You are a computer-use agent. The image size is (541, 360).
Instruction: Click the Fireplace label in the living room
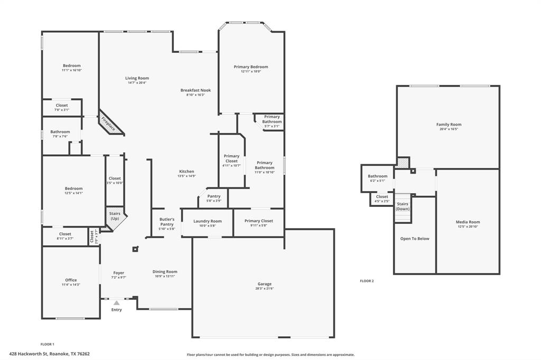(x=108, y=124)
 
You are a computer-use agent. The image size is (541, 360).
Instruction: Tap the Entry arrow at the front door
(x=117, y=303)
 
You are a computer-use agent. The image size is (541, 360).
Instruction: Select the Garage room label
(x=265, y=284)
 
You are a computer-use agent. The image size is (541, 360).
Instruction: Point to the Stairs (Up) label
(x=114, y=216)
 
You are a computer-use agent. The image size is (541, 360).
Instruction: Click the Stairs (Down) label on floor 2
(x=403, y=206)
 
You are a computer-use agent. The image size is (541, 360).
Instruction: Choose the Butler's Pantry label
(x=167, y=222)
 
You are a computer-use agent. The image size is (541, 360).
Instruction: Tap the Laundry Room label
(x=208, y=221)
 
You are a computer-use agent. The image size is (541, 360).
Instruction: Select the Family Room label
(x=449, y=125)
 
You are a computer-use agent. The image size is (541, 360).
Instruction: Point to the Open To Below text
(x=415, y=239)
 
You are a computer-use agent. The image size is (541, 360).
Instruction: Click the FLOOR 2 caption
(x=367, y=281)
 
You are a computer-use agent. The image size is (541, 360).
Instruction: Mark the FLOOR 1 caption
(x=48, y=344)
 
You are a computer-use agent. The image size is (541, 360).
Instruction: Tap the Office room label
(x=71, y=280)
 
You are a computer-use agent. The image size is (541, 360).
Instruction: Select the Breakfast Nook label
(x=195, y=90)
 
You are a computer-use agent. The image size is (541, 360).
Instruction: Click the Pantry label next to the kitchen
(x=214, y=196)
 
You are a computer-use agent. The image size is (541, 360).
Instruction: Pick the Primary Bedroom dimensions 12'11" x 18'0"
(x=251, y=71)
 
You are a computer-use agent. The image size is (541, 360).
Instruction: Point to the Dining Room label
(x=165, y=271)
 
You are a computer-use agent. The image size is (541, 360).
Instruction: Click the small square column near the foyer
(x=135, y=250)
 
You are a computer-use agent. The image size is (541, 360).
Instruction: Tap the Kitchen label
(x=186, y=172)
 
